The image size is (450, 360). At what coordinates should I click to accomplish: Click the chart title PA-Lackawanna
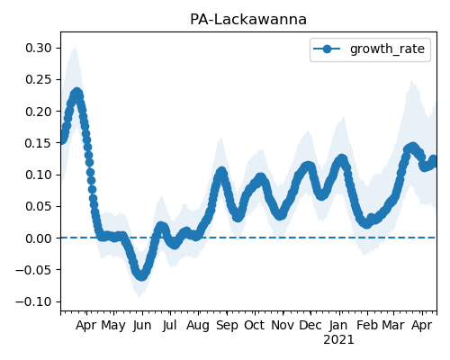248,20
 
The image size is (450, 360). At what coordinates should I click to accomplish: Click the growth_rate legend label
387,49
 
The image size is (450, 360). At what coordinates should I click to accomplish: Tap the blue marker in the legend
327,49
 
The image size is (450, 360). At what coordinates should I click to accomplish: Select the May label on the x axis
113,326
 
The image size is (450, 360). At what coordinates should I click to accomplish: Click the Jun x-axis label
142,326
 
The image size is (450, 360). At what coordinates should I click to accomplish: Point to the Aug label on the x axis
198,326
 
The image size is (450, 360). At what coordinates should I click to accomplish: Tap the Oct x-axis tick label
254,326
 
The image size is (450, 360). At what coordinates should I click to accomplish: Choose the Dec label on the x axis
310,326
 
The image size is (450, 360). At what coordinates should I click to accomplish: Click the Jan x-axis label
338,326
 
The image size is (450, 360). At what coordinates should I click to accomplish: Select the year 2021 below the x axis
338,340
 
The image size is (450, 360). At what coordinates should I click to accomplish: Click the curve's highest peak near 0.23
77,93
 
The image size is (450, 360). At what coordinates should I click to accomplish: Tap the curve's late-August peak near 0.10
221,172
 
